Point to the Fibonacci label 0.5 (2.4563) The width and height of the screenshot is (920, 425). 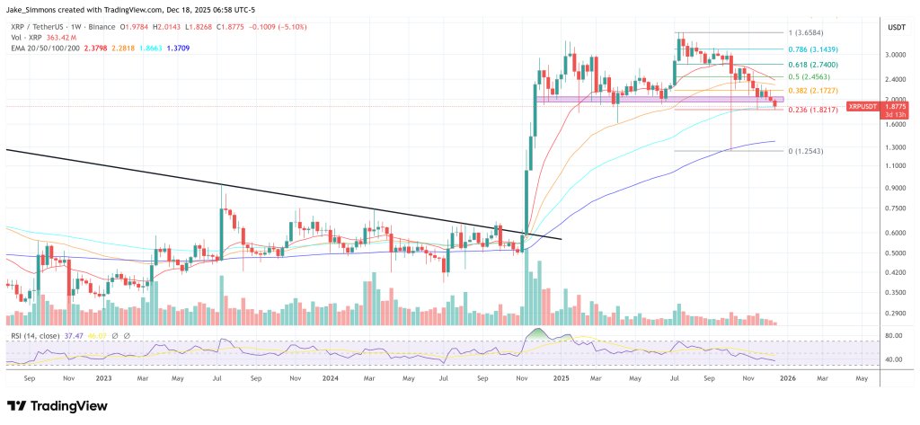(811, 78)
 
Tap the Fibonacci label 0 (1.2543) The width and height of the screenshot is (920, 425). (808, 151)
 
